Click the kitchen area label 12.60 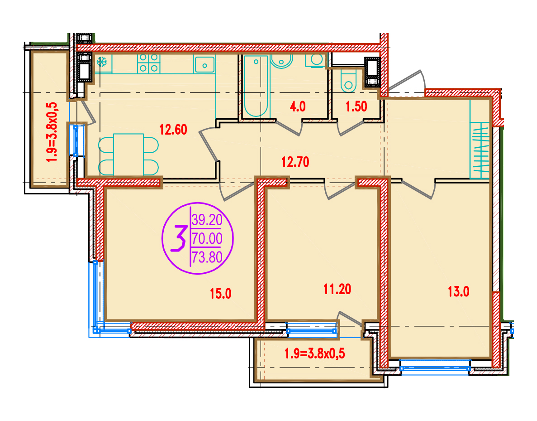click(x=173, y=130)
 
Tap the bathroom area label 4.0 click(x=298, y=106)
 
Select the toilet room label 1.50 click(x=356, y=106)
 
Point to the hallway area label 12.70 click(x=295, y=162)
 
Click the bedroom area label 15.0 click(x=221, y=294)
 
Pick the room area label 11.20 click(x=337, y=289)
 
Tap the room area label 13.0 click(x=459, y=292)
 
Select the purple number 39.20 click(x=207, y=220)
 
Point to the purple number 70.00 click(x=207, y=238)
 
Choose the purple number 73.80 click(x=207, y=256)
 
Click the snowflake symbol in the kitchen click(x=102, y=62)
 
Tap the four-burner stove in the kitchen click(x=149, y=63)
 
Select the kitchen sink click(x=204, y=64)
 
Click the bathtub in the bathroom click(x=256, y=86)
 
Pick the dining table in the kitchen click(x=128, y=155)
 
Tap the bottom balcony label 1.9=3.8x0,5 click(x=315, y=353)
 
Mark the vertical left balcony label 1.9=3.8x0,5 click(x=52, y=132)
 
